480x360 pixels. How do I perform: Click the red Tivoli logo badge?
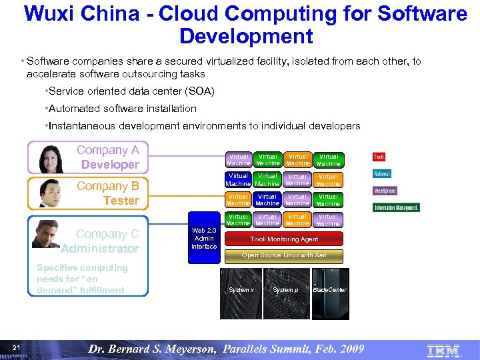point(379,157)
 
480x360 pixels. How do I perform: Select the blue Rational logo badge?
point(381,174)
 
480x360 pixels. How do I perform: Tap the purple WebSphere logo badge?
point(385,191)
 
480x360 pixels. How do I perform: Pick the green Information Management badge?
point(396,207)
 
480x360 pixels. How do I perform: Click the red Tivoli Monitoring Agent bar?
point(284,239)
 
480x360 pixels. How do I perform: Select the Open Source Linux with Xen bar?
point(284,256)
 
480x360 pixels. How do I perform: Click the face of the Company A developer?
point(51,158)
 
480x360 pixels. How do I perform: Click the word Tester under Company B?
point(121,201)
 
